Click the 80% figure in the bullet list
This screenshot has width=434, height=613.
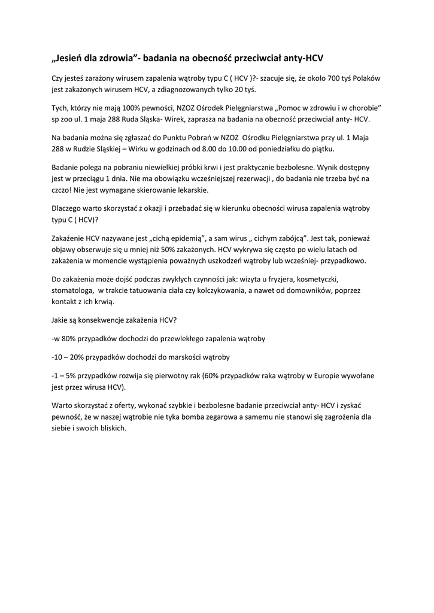(68, 338)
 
